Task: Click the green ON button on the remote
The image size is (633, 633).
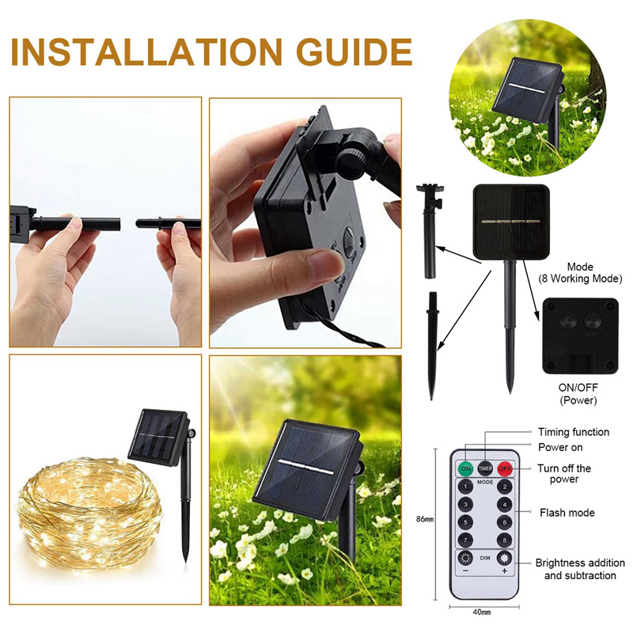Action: (x=466, y=468)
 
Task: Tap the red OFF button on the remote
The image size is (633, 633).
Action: (x=504, y=468)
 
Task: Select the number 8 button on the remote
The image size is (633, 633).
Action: (x=504, y=540)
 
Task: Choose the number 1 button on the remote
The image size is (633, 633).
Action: (x=466, y=487)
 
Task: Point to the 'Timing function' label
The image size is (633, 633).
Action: (x=574, y=432)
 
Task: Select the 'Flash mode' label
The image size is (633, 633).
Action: (x=567, y=513)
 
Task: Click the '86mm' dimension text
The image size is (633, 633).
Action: (x=425, y=519)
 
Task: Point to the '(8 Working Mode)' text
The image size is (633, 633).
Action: (x=580, y=279)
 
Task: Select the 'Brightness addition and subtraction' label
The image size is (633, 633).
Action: (x=575, y=569)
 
